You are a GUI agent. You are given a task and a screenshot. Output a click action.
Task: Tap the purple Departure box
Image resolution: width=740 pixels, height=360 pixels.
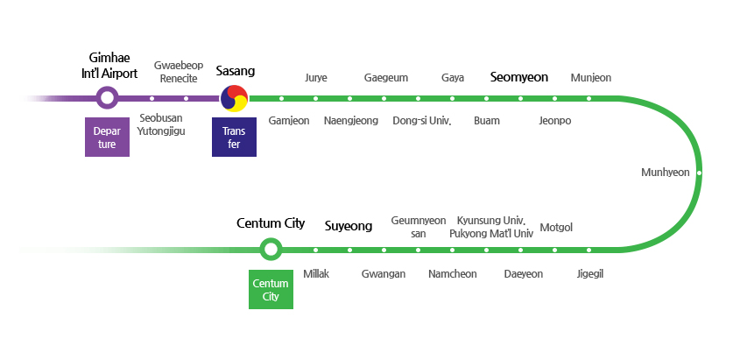[107, 138]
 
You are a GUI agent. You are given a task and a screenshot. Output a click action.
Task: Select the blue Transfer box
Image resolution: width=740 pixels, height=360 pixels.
[234, 138]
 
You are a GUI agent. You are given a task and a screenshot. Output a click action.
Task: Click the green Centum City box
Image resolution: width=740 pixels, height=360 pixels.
[271, 290]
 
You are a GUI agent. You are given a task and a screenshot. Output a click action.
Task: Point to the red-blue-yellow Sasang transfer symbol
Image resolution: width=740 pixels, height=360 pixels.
[234, 99]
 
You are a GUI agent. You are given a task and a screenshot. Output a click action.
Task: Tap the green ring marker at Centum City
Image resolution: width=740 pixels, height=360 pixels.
[271, 250]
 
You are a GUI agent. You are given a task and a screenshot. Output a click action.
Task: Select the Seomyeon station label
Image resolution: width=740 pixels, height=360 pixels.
[518, 77]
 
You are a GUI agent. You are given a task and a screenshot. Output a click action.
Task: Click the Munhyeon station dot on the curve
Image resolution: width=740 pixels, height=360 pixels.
[698, 173]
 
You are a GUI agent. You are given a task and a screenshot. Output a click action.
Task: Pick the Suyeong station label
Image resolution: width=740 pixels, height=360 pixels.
[349, 226]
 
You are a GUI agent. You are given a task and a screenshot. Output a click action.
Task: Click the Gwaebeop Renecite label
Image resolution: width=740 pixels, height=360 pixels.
[179, 72]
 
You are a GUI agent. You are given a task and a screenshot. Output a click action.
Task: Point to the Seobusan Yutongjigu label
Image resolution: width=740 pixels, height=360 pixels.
[161, 125]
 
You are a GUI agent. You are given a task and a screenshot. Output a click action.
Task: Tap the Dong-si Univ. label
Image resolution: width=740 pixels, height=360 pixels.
[421, 121]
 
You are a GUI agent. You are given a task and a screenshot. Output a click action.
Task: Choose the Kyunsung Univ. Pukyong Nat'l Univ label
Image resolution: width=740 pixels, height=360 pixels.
[490, 227]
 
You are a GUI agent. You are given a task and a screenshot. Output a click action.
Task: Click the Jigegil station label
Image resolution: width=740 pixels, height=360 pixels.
[590, 274]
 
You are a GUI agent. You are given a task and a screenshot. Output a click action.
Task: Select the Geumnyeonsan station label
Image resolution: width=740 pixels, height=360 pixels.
[418, 227]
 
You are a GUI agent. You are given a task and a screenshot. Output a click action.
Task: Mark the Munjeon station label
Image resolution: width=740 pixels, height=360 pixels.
[590, 78]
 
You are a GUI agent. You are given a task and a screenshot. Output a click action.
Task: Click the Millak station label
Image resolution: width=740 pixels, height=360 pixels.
[315, 274]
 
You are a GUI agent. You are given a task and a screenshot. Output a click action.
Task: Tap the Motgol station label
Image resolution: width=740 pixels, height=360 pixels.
[556, 228]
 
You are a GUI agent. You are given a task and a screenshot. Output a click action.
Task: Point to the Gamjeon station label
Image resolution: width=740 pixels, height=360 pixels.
[288, 121]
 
